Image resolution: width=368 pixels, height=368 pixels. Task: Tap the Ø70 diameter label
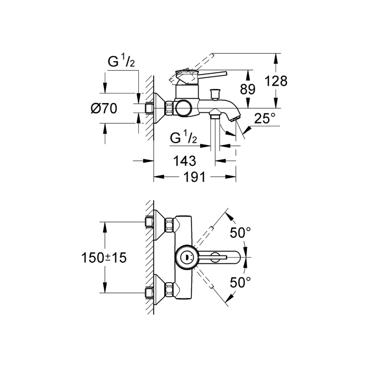104,109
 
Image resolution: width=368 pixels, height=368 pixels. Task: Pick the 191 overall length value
195,177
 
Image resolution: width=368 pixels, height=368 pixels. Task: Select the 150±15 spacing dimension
104,257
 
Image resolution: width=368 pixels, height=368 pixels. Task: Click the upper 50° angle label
241,232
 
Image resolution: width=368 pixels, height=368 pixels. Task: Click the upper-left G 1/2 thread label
121,62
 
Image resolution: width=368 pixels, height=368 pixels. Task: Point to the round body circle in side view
184,109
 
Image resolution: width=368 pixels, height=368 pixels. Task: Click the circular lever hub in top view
186,257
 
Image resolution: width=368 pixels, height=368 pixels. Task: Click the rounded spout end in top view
240,257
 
